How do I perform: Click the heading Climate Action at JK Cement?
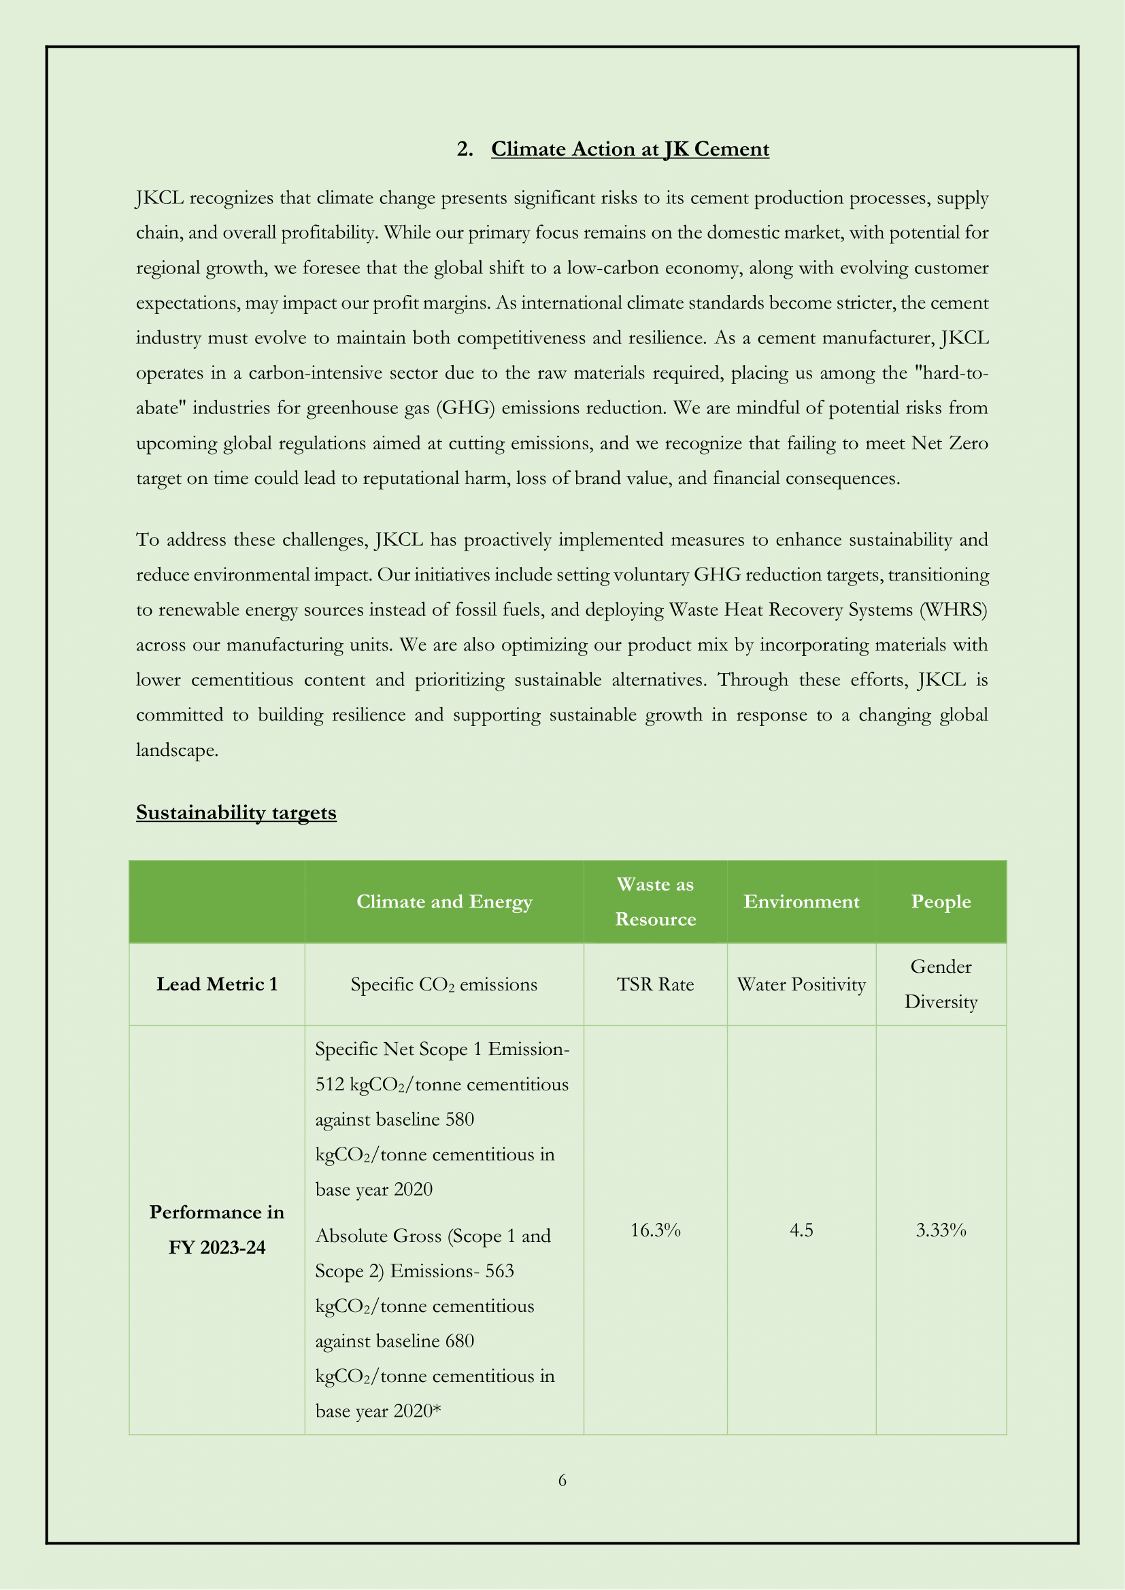[630, 149]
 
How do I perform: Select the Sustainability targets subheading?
[236, 812]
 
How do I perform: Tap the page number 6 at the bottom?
[562, 1480]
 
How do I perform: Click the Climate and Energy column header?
[444, 901]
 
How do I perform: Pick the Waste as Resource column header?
[655, 901]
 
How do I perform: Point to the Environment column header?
[801, 901]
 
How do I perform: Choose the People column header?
[941, 901]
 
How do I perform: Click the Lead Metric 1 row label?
[217, 984]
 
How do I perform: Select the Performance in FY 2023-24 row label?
[217, 1230]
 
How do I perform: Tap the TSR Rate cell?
[655, 985]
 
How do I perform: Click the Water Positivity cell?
[801, 985]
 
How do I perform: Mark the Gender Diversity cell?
[941, 984]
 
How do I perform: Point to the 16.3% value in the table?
[655, 1230]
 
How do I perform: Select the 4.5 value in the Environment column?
[801, 1230]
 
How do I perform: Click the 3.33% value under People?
[941, 1230]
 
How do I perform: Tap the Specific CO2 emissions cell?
[444, 985]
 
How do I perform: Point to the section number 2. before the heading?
[465, 149]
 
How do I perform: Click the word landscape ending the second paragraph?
[177, 750]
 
